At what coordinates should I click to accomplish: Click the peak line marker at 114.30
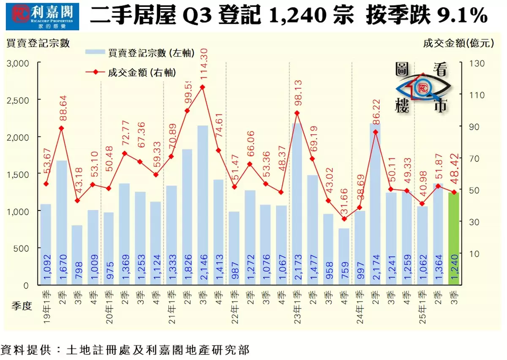coord(202,87)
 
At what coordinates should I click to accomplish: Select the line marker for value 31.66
coord(344,219)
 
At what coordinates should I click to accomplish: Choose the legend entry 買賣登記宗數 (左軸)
coord(139,53)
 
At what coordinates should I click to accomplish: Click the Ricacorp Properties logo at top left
coord(42,17)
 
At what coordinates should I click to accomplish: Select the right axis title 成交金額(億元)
coord(458,43)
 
